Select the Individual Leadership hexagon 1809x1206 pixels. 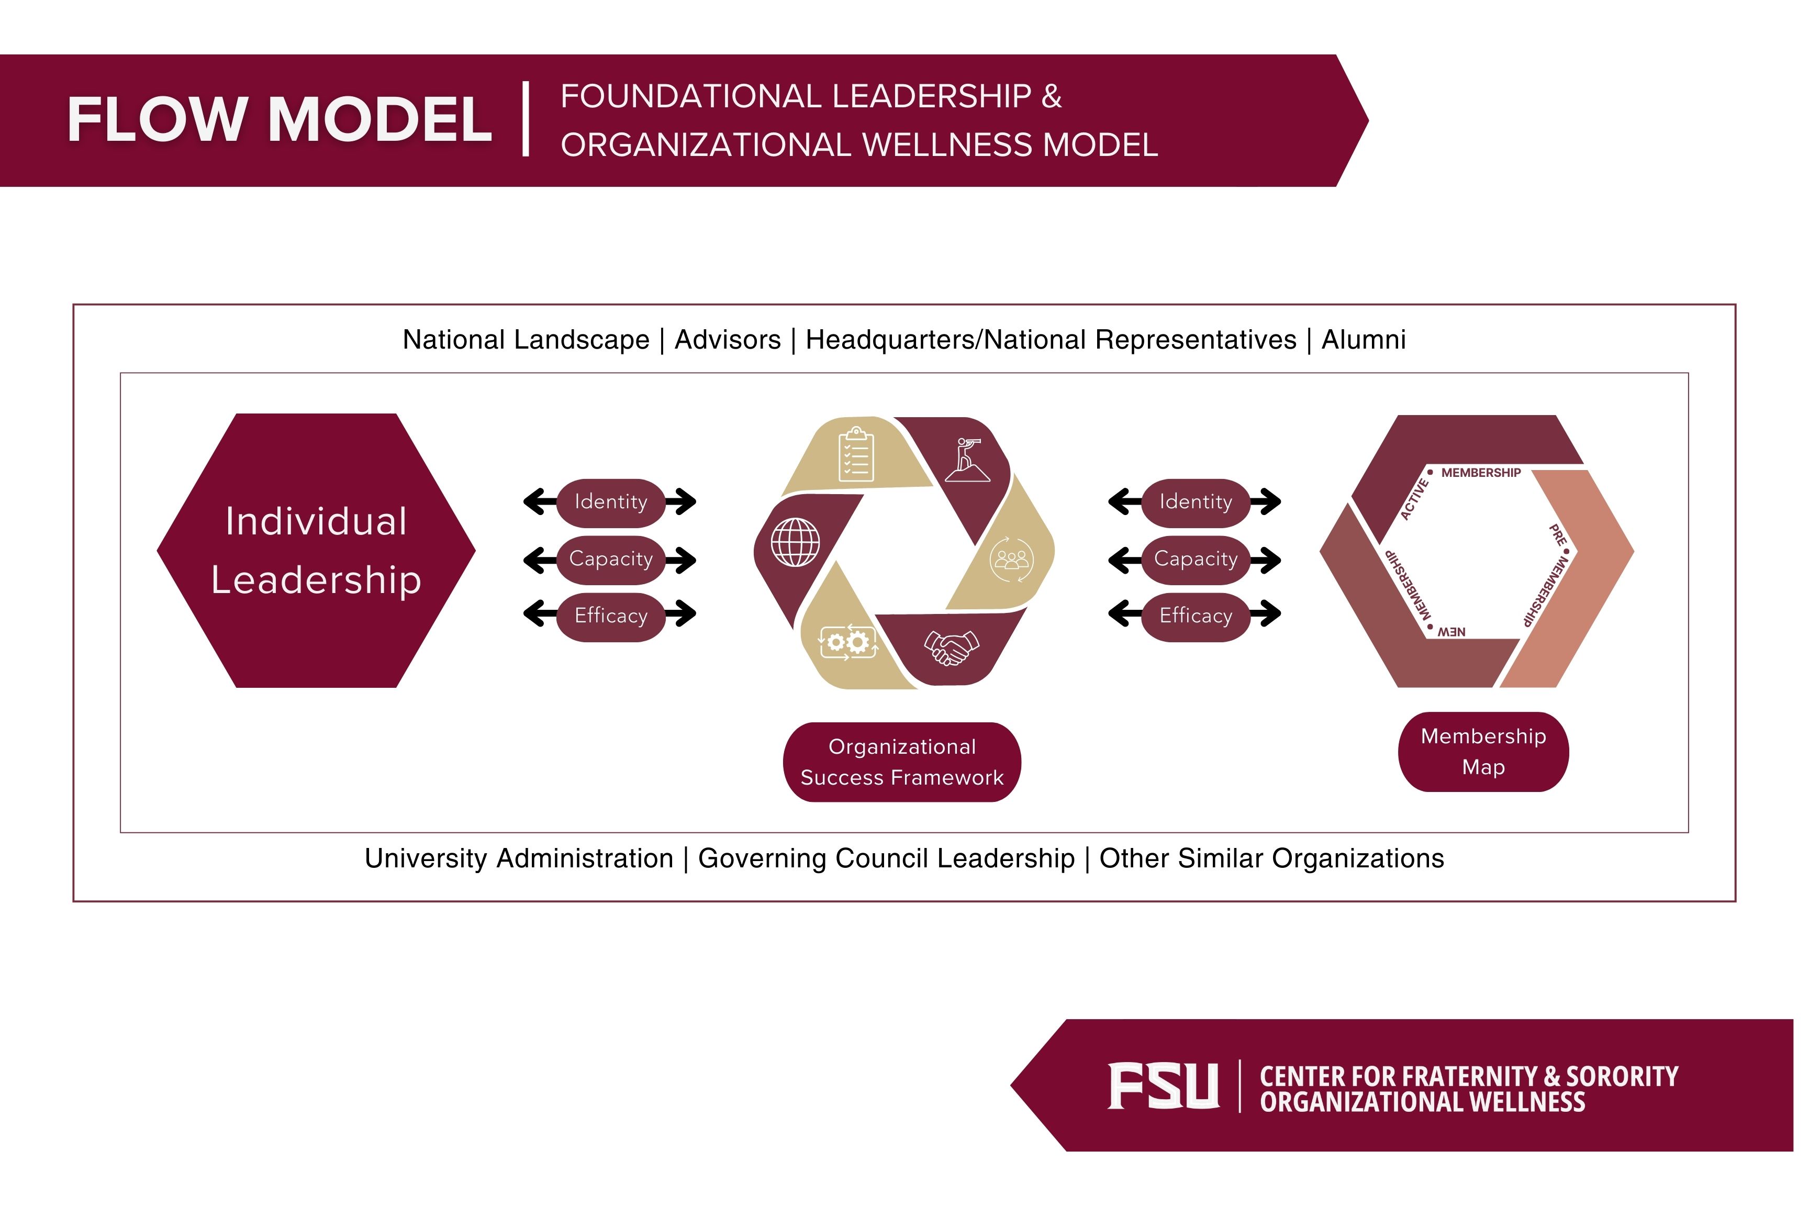point(316,551)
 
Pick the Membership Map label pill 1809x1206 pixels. point(1483,752)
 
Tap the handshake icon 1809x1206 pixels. point(952,647)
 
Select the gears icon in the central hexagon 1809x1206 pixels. point(847,641)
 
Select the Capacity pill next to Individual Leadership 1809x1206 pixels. point(611,559)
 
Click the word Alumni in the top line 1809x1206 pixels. point(1363,339)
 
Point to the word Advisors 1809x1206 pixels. point(727,339)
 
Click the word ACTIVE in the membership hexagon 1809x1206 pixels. point(1414,498)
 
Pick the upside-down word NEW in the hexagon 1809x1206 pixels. point(1451,631)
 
